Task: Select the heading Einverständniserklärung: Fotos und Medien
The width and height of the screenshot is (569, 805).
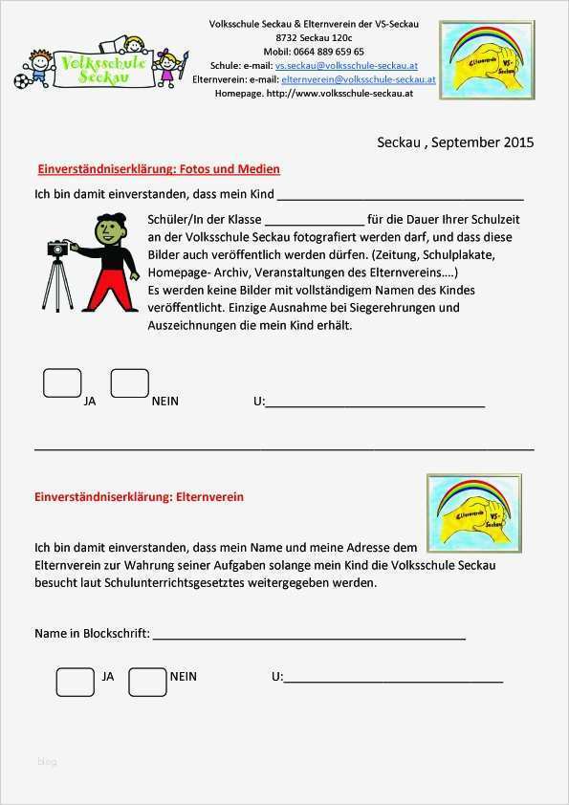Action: click(158, 169)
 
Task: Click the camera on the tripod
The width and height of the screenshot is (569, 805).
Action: click(59, 249)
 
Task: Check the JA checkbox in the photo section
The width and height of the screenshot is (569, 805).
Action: click(62, 383)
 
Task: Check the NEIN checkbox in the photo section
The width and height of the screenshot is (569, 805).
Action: click(129, 383)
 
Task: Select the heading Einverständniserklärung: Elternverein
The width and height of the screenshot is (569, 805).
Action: click(140, 497)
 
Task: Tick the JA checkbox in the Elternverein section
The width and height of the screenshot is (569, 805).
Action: click(75, 681)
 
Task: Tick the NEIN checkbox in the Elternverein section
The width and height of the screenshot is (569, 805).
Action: click(147, 681)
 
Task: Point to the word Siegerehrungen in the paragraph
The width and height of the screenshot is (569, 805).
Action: click(393, 308)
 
